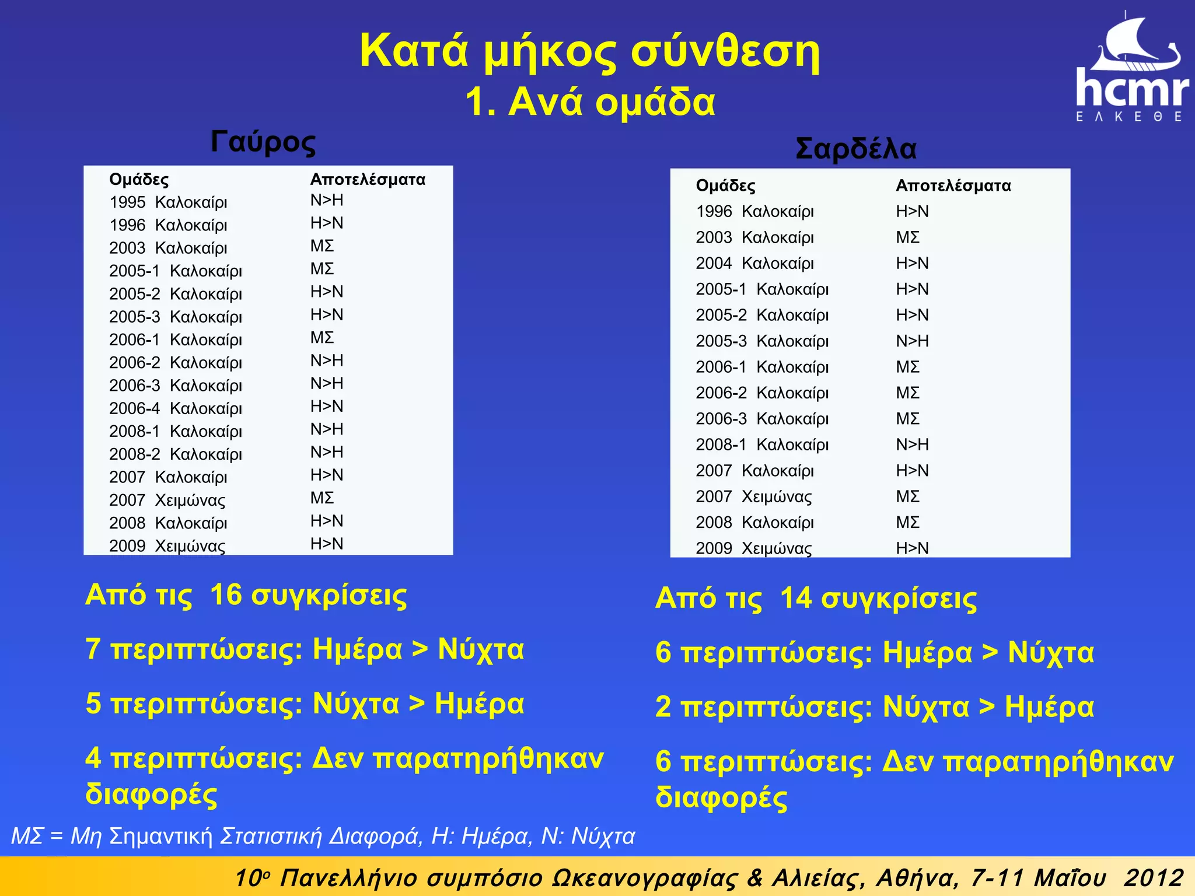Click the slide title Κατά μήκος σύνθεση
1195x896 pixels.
[x=589, y=51]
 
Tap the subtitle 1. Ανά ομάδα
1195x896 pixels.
[x=590, y=102]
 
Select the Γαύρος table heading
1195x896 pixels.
[x=263, y=142]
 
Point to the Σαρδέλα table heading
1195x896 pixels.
[x=856, y=148]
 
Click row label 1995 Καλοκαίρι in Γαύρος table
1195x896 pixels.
[x=168, y=202]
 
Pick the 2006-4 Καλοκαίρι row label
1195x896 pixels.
[x=175, y=408]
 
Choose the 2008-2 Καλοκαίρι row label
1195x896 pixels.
[x=175, y=454]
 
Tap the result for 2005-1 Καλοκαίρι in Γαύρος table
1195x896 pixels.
[x=322, y=269]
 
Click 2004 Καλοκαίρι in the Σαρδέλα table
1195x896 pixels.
[x=754, y=263]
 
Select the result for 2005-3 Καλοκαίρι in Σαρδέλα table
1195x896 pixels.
[x=912, y=341]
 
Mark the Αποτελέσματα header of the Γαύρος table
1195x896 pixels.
[x=368, y=179]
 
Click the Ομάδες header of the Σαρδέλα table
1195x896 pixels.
[x=725, y=185]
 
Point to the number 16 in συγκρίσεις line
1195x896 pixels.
[x=226, y=595]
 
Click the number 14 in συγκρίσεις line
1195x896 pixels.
[x=796, y=598]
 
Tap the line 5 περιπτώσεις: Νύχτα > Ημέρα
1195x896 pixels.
[x=305, y=703]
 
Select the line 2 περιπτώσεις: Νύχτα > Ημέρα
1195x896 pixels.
[x=874, y=707]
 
